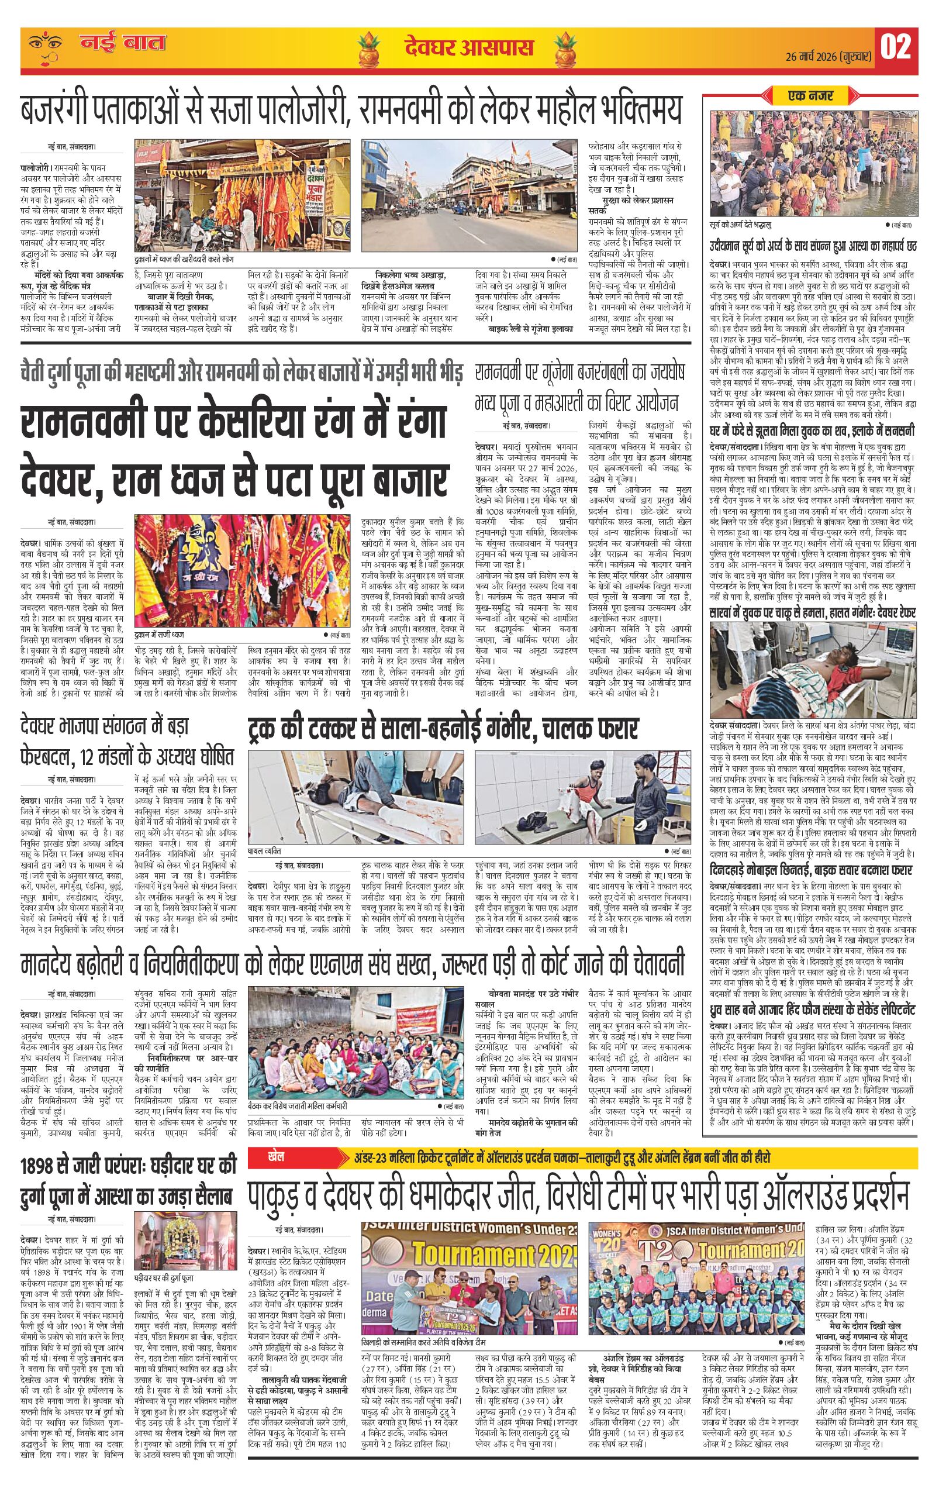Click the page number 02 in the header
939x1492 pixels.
point(896,48)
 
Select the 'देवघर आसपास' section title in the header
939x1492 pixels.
point(468,49)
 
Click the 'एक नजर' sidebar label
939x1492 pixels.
point(810,95)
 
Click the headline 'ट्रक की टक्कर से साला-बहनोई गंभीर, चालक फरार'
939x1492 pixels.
point(442,727)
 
